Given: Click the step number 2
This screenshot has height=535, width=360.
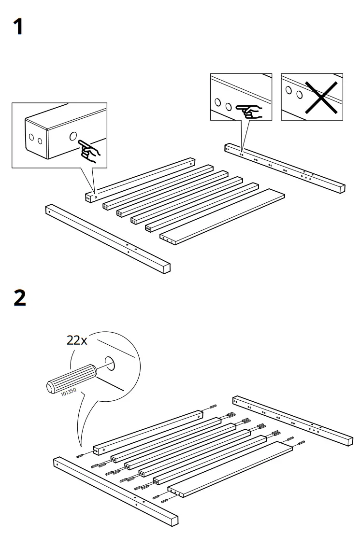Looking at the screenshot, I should pyautogui.click(x=19, y=298).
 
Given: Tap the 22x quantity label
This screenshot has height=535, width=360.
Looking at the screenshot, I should pyautogui.click(x=77, y=340).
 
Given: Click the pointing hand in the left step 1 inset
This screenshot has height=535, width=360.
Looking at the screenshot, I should pyautogui.click(x=89, y=149).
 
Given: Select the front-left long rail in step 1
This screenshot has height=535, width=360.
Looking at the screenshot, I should pyautogui.click(x=108, y=239).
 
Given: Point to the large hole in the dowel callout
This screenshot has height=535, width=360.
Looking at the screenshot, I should pyautogui.click(x=110, y=364).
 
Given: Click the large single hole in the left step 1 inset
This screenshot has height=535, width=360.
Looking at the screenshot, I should pyautogui.click(x=73, y=137).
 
